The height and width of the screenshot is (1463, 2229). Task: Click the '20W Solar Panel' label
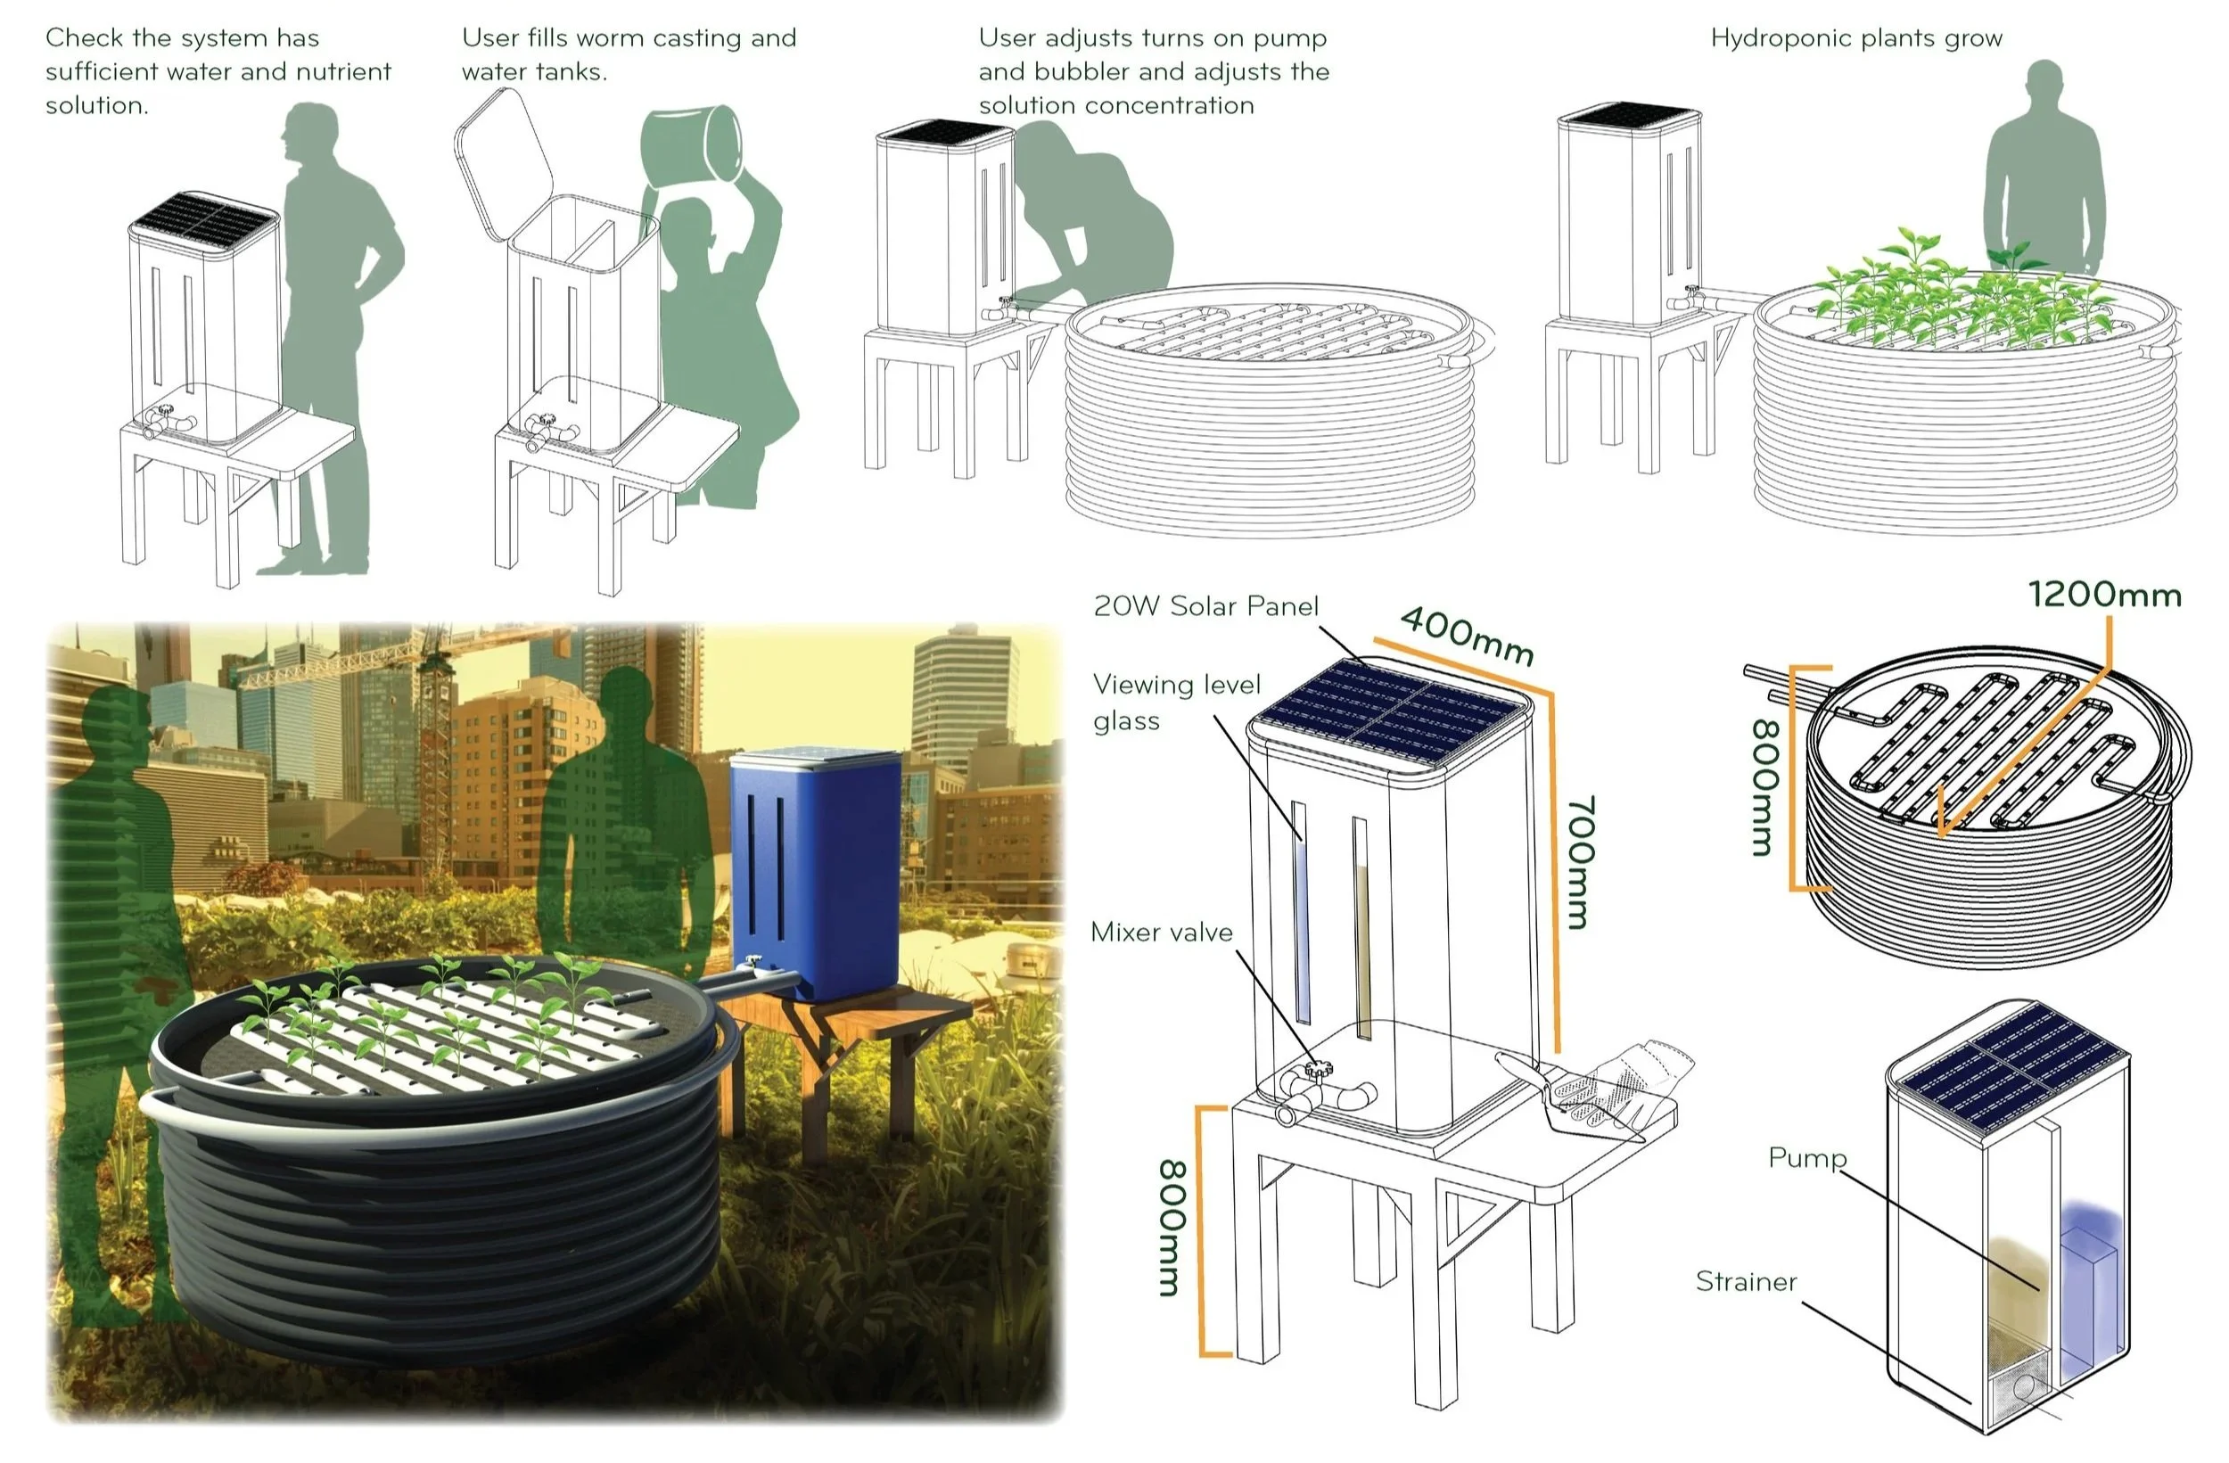coord(1205,606)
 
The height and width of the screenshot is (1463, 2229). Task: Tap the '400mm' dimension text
coord(1467,636)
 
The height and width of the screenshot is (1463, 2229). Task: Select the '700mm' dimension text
coord(1580,863)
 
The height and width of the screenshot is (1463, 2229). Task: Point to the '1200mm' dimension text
coord(2104,595)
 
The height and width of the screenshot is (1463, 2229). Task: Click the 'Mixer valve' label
coord(1162,932)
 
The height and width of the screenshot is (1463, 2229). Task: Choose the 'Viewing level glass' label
coord(1176,703)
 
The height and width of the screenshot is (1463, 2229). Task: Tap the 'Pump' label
coord(1806,1159)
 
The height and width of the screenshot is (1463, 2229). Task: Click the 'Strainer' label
coord(1747,1281)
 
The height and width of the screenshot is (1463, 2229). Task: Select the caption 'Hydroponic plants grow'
coord(1856,38)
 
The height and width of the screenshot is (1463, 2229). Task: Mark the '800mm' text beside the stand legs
coord(1172,1228)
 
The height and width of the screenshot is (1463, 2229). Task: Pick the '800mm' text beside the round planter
coord(1763,786)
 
